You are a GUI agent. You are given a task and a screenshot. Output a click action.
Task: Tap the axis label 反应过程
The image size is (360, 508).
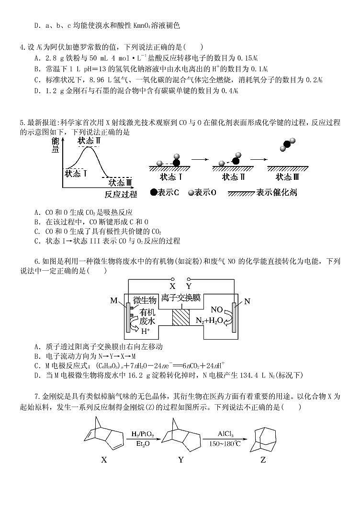tap(120, 194)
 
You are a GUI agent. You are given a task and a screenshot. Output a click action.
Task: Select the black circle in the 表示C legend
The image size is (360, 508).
tap(153, 192)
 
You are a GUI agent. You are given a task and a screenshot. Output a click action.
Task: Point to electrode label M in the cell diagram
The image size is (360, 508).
tap(114, 300)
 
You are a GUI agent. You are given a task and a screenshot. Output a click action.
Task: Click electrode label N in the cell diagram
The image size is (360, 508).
tap(247, 301)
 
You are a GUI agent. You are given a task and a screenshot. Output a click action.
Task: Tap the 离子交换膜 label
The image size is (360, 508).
tap(181, 298)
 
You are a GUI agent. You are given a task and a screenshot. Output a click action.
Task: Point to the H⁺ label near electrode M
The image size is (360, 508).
tap(145, 331)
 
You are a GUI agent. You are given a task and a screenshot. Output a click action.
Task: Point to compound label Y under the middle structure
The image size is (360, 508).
tap(180, 460)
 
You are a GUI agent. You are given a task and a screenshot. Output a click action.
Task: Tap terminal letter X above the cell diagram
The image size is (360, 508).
tap(172, 286)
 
